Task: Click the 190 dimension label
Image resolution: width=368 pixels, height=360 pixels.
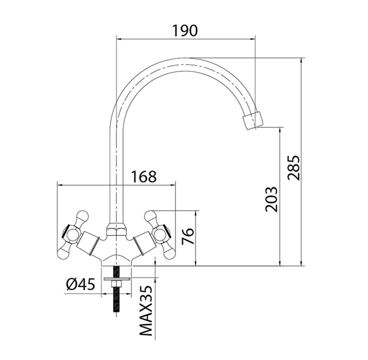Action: coord(185,31)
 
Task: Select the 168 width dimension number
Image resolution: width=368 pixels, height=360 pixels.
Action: coord(144,176)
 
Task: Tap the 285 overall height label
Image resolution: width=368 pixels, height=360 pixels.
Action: coord(294,167)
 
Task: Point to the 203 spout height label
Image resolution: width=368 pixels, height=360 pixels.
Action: coord(272,199)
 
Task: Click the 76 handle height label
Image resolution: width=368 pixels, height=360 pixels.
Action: coord(188,236)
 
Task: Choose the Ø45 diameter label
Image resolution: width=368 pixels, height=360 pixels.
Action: coord(80,284)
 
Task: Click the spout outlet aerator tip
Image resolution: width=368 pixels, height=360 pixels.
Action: coord(252,121)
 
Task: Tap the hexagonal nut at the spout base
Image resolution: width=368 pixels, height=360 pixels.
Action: coord(116,229)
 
